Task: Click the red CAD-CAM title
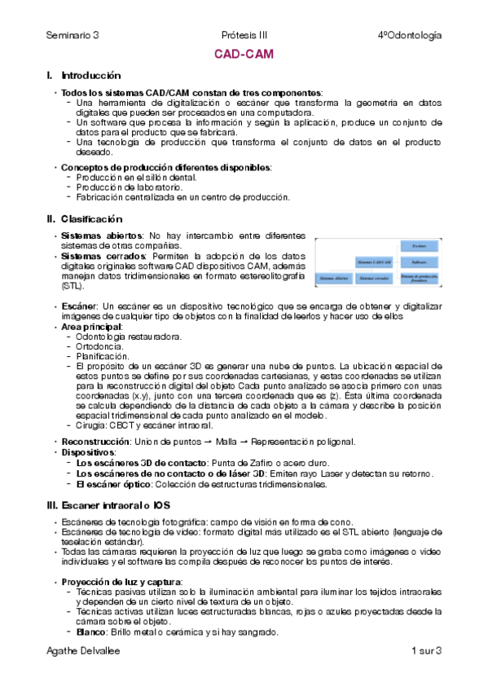[x=244, y=55]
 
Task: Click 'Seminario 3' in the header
[x=72, y=35]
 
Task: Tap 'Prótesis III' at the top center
[x=244, y=35]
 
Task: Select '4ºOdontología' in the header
[x=410, y=35]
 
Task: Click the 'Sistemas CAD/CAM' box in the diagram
[x=374, y=262]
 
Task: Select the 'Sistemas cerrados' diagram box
[x=374, y=279]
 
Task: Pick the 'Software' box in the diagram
[x=420, y=262]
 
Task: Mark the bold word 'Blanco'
[x=90, y=632]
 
